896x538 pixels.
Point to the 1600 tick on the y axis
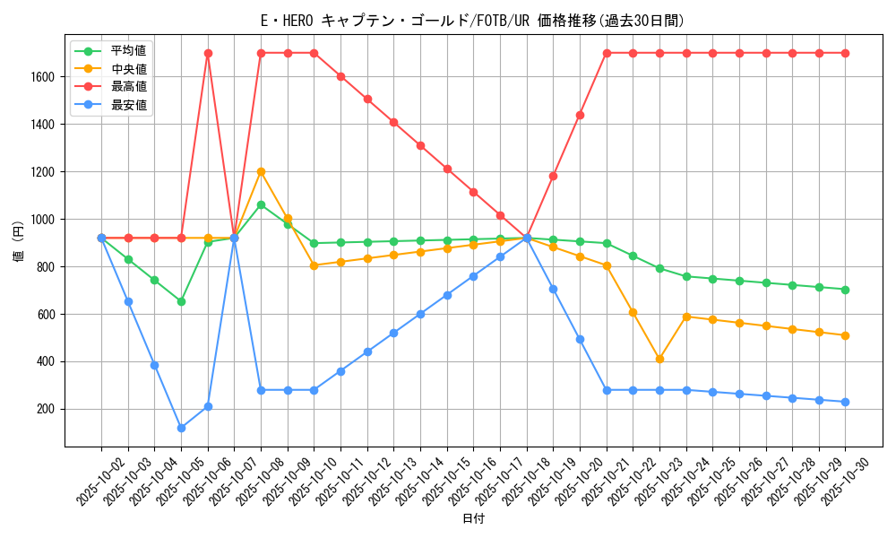pyautogui.click(x=44, y=77)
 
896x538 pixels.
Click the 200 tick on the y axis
pyautogui.click(x=47, y=409)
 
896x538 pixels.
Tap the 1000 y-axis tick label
pyautogui.click(x=44, y=220)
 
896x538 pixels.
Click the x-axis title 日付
pyautogui.click(x=473, y=519)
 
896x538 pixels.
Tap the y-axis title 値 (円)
pyautogui.click(x=18, y=243)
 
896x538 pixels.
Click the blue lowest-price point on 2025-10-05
pyautogui.click(x=181, y=428)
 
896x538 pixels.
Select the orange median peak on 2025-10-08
pyautogui.click(x=261, y=171)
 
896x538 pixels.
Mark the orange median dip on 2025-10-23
pyautogui.click(x=659, y=359)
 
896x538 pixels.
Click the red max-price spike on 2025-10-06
pyautogui.click(x=208, y=53)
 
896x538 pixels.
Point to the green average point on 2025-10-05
pyautogui.click(x=181, y=301)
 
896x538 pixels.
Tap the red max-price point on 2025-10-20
pyautogui.click(x=580, y=115)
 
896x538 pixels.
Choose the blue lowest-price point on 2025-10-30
pyautogui.click(x=845, y=402)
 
